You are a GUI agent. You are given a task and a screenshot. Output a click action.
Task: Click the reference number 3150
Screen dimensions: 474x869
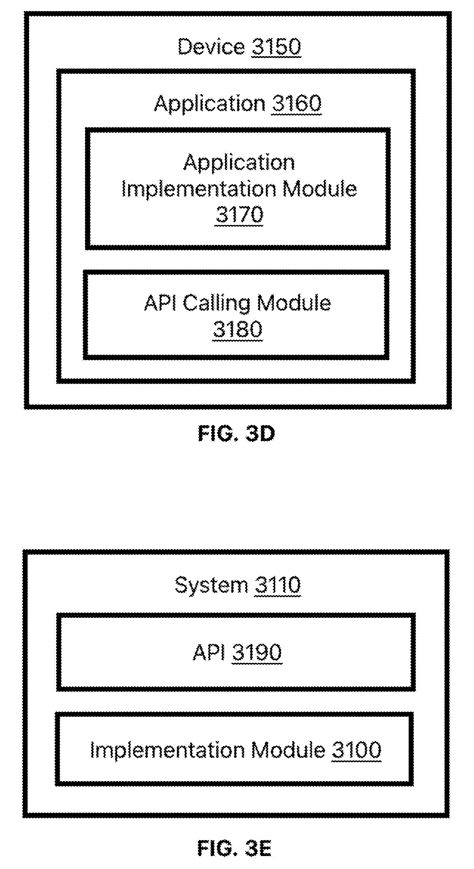(x=276, y=47)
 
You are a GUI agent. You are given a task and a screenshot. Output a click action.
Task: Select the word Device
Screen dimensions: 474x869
(x=212, y=47)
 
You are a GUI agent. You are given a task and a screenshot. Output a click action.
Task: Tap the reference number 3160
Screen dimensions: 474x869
(x=297, y=103)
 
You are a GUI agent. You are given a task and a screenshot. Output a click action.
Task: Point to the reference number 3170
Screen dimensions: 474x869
(x=239, y=215)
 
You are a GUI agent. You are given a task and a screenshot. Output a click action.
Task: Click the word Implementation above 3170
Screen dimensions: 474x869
(x=199, y=189)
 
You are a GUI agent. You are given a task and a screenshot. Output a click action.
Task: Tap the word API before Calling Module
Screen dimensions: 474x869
(x=160, y=303)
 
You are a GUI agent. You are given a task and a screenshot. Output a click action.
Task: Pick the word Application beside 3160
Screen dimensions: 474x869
(x=210, y=104)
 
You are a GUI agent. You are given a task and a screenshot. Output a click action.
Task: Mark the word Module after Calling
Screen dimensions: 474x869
(x=294, y=303)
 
